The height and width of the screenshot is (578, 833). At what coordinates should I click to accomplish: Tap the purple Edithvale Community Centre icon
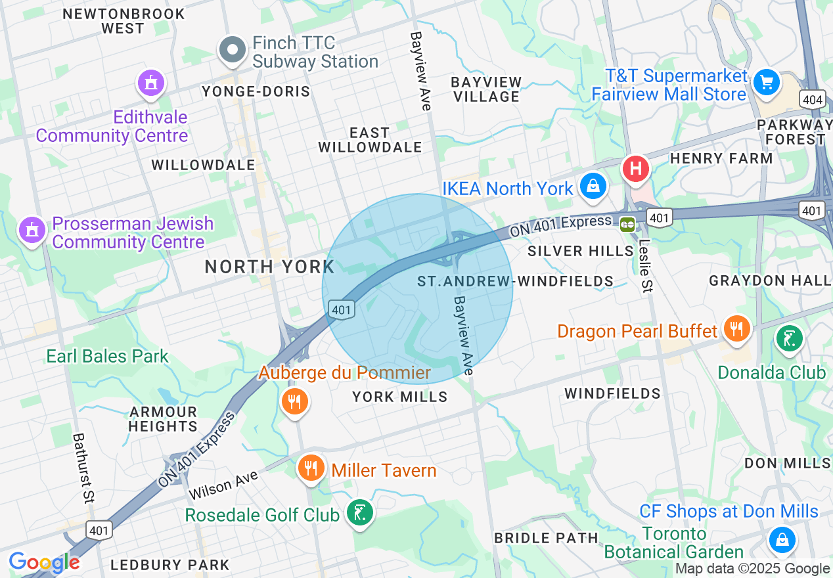point(151,83)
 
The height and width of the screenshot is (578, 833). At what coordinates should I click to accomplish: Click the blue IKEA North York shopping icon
point(593,186)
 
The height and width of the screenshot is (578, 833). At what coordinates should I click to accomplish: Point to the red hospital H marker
point(635,168)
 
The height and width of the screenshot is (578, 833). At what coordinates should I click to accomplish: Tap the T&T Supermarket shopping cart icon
point(766,83)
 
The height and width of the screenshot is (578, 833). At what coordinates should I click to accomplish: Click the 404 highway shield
point(812,100)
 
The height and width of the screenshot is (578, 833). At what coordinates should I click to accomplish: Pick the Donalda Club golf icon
point(789,340)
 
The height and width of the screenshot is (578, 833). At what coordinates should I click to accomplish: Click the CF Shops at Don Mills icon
point(782,540)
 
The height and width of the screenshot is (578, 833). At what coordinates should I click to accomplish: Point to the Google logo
point(44,562)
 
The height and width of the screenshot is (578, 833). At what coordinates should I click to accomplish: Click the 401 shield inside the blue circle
point(343,309)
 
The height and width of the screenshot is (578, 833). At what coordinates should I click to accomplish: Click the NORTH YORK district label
point(269,267)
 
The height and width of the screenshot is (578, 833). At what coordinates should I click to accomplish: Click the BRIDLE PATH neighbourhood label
point(546,538)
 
